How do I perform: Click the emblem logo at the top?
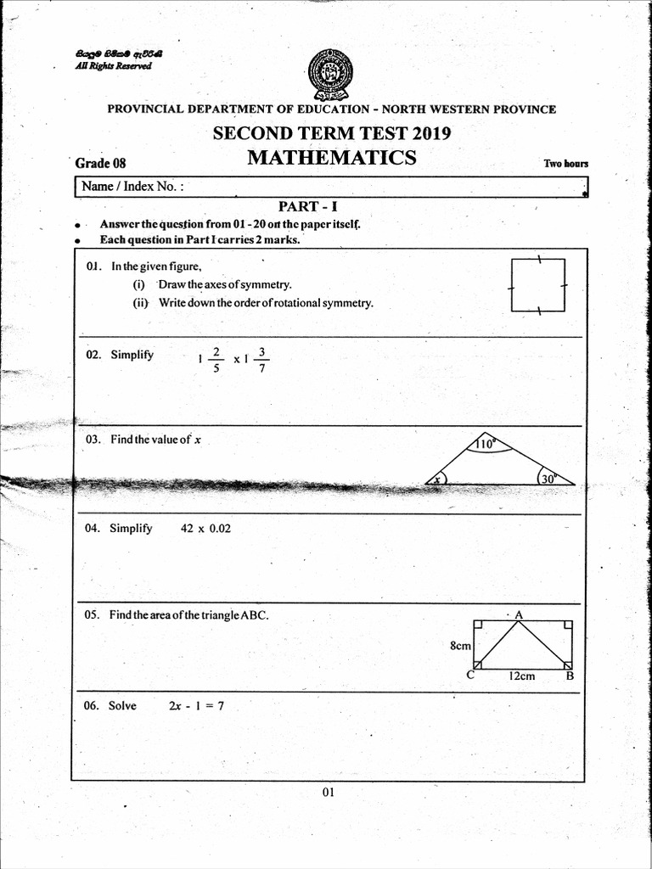331,75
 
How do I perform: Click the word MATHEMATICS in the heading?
331,158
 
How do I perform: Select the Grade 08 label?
100,163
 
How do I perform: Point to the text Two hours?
565,164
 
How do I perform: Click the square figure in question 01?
538,286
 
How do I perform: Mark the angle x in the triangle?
438,479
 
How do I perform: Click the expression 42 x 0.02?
205,528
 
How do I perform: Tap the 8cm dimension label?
460,646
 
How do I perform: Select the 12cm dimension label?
521,676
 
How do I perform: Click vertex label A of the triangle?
518,614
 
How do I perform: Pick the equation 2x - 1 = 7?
196,705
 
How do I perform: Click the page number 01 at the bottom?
329,793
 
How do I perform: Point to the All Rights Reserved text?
113,66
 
